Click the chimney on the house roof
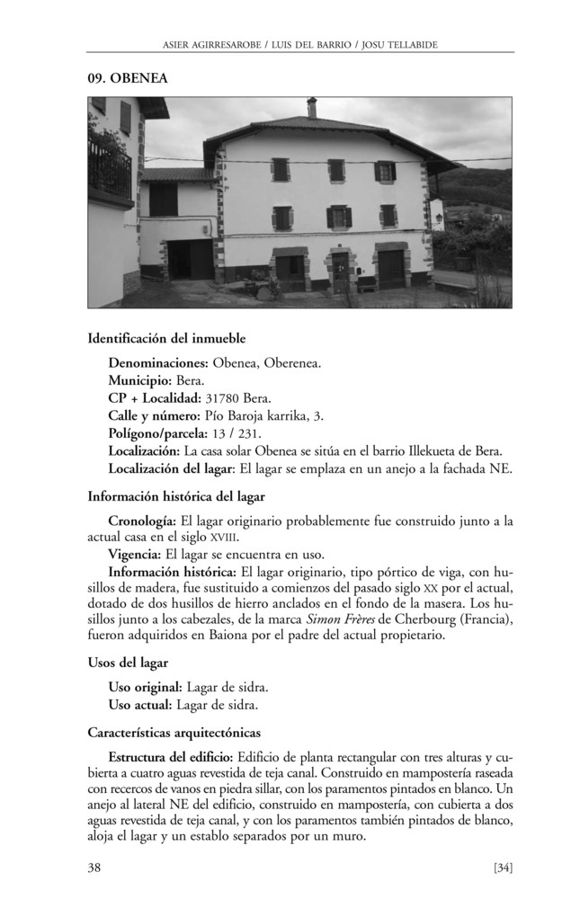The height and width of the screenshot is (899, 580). pyautogui.click(x=312, y=108)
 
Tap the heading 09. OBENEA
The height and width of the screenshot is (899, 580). pyautogui.click(x=128, y=79)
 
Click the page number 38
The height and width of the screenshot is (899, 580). pyautogui.click(x=94, y=867)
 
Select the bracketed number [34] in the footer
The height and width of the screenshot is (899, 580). pyautogui.click(x=503, y=867)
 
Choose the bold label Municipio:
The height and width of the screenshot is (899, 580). pyautogui.click(x=140, y=380)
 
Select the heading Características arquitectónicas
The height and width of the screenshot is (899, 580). pyautogui.click(x=174, y=732)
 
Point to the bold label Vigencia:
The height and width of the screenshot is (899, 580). pyautogui.click(x=135, y=554)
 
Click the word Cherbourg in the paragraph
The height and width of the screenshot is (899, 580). pyautogui.click(x=433, y=620)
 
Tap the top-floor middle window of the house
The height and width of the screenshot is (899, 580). pyautogui.click(x=335, y=170)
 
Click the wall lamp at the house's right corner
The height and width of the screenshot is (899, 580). pyautogui.click(x=439, y=217)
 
